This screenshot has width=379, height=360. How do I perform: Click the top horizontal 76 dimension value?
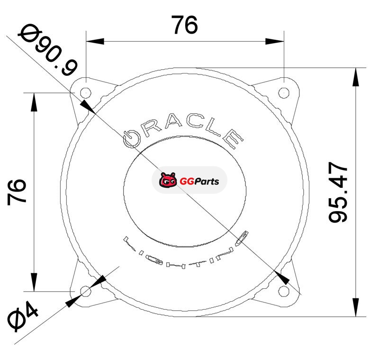click(x=184, y=25)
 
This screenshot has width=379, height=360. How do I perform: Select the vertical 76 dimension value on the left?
click(x=17, y=192)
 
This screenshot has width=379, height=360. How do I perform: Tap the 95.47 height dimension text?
click(x=338, y=193)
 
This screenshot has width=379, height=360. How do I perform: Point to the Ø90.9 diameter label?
click(x=48, y=50)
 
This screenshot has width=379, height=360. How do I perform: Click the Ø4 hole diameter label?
click(x=22, y=316)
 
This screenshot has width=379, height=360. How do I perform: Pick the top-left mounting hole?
click(x=86, y=92)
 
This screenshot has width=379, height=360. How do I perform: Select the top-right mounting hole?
click(x=284, y=92)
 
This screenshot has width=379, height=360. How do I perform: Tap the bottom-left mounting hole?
click(x=86, y=291)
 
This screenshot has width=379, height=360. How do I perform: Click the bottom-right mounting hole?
click(x=284, y=291)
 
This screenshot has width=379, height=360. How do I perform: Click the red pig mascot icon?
click(x=167, y=180)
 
